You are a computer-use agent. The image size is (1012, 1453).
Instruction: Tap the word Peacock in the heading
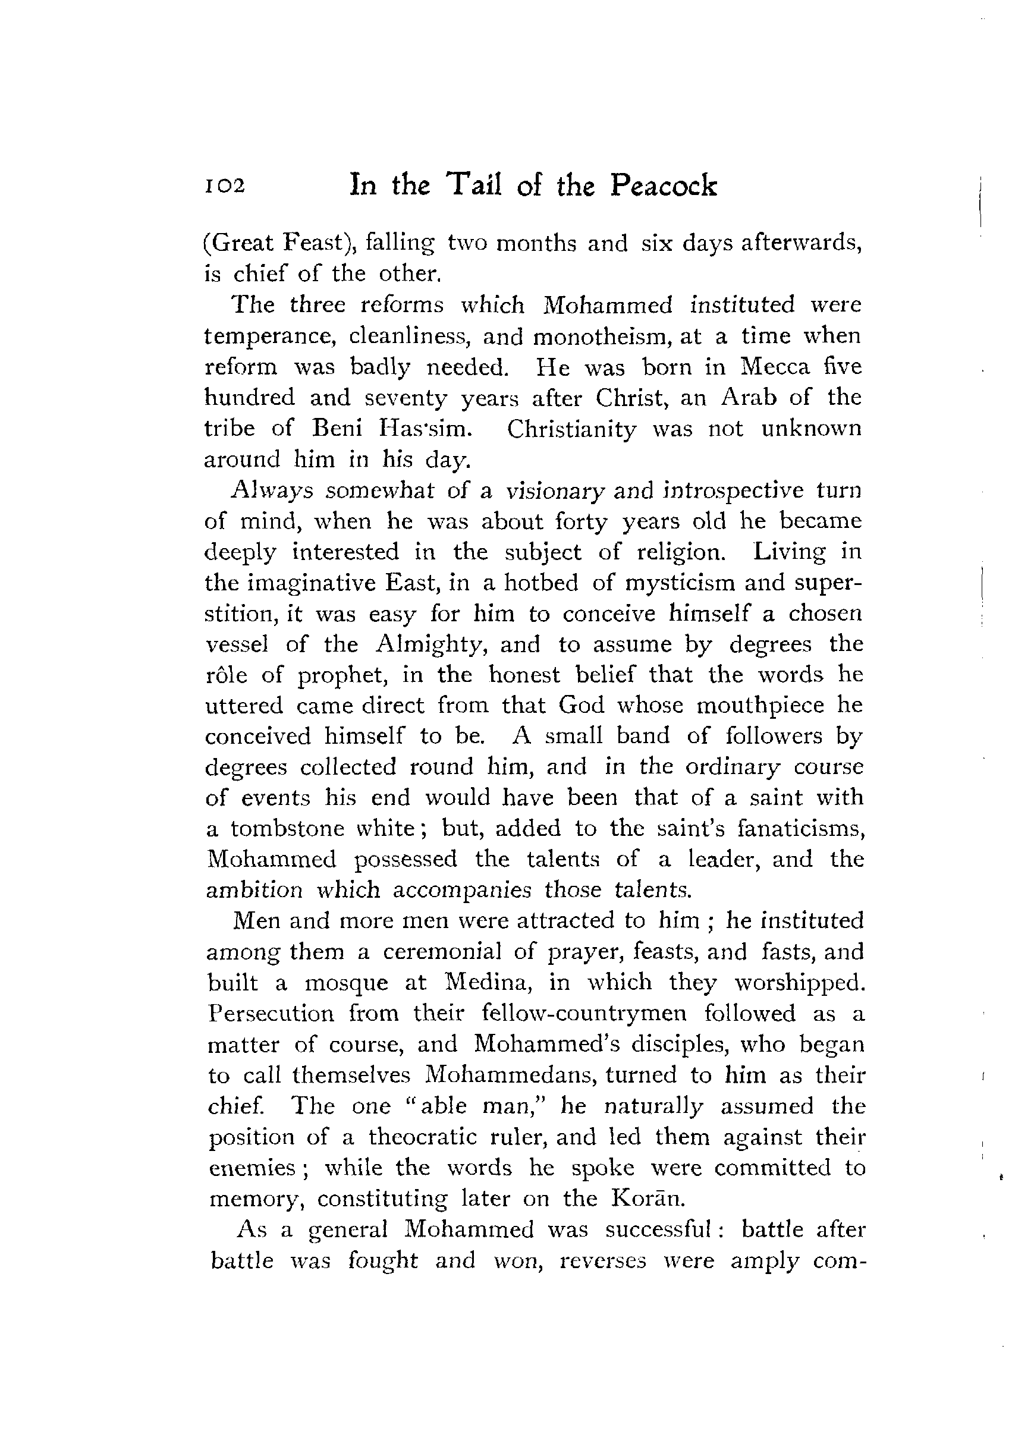click(x=664, y=186)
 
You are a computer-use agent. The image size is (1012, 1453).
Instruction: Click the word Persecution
click(x=271, y=1013)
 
